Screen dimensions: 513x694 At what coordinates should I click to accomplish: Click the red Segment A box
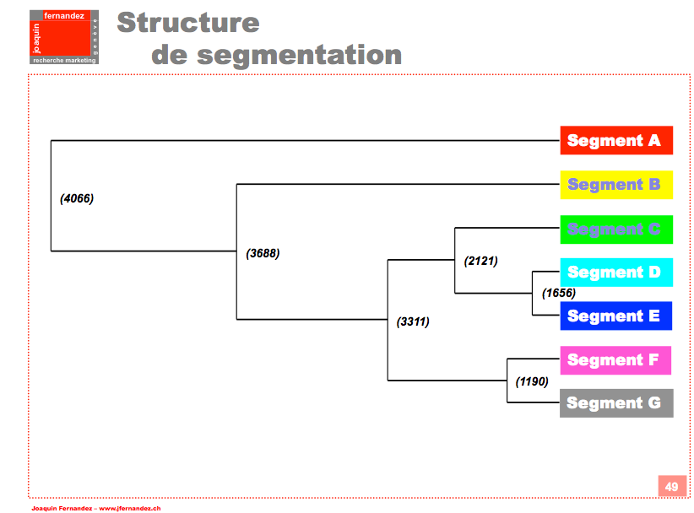(616, 140)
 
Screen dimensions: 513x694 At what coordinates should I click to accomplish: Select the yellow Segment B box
(616, 184)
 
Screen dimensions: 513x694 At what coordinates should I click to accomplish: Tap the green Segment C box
(616, 229)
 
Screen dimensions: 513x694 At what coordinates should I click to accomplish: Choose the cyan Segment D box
(616, 273)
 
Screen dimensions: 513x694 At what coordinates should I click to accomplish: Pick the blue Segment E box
(616, 316)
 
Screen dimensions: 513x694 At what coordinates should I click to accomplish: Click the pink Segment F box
(615, 360)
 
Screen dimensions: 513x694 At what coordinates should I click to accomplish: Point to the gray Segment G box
(616, 403)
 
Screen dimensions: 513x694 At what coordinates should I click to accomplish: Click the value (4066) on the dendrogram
(77, 199)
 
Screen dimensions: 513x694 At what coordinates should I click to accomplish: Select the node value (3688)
(263, 253)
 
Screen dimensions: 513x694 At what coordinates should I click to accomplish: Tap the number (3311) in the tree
(413, 321)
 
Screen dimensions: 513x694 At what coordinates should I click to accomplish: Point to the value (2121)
(481, 261)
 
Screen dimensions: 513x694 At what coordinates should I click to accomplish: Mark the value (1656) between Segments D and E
(558, 294)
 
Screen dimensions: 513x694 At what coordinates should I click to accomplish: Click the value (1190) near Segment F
(532, 381)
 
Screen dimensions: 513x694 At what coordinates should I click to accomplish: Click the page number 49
(671, 487)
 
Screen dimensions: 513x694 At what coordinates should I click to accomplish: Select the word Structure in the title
(188, 22)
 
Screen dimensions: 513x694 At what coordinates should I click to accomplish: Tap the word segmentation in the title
(299, 55)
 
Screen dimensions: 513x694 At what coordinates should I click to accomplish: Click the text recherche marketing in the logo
(64, 61)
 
